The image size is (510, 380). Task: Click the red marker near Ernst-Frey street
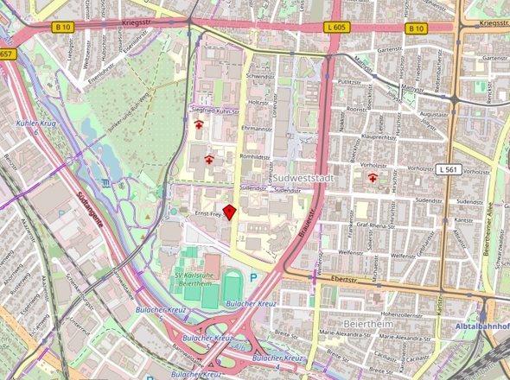pyautogui.click(x=230, y=212)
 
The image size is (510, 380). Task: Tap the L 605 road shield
pyautogui.click(x=336, y=28)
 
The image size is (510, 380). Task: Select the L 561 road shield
pyautogui.click(x=447, y=168)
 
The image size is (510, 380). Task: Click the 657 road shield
pyautogui.click(x=7, y=54)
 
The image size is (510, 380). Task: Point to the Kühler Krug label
pyautogui.click(x=35, y=123)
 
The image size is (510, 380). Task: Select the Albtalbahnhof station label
pyautogui.click(x=481, y=326)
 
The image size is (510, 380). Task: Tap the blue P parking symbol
pyautogui.click(x=253, y=278)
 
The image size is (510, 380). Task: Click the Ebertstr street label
pyautogui.click(x=344, y=280)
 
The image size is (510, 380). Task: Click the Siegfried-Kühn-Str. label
pyautogui.click(x=214, y=110)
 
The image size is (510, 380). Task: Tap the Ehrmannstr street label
pyautogui.click(x=257, y=128)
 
